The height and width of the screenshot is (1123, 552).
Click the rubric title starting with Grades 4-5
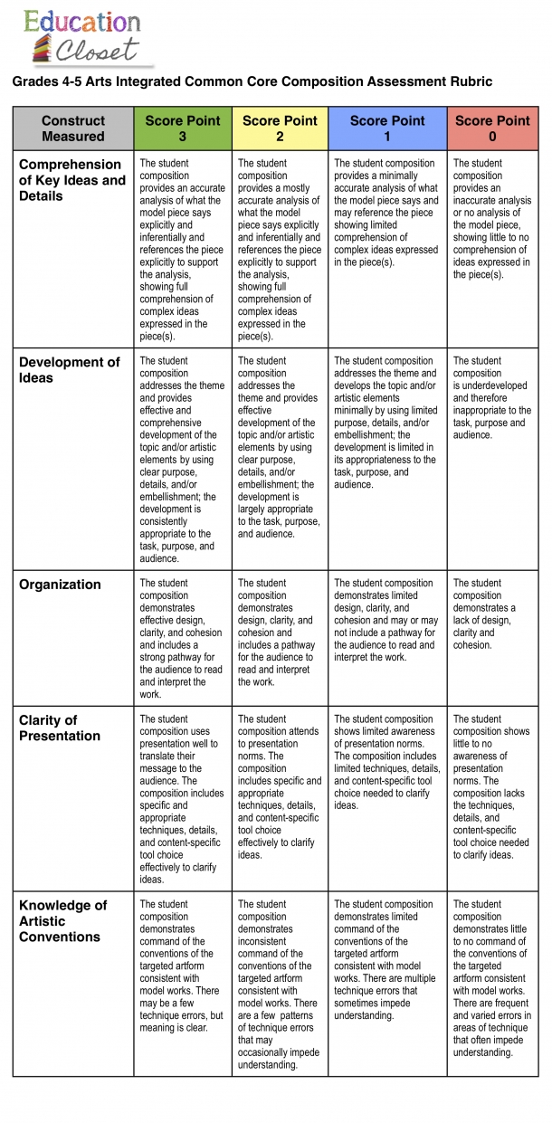[252, 81]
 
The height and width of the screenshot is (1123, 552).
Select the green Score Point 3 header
[183, 128]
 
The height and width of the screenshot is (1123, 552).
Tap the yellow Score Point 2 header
[280, 128]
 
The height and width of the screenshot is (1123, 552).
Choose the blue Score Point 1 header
[387, 128]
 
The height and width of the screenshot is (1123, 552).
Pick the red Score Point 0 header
[492, 128]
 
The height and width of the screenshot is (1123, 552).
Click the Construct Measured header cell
[73, 128]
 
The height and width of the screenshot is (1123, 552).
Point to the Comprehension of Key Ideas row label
[71, 180]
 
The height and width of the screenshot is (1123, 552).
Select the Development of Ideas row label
[69, 370]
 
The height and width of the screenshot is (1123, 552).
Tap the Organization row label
[60, 585]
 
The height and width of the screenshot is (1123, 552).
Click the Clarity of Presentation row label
[60, 728]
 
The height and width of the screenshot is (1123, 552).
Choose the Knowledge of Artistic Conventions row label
[63, 920]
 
